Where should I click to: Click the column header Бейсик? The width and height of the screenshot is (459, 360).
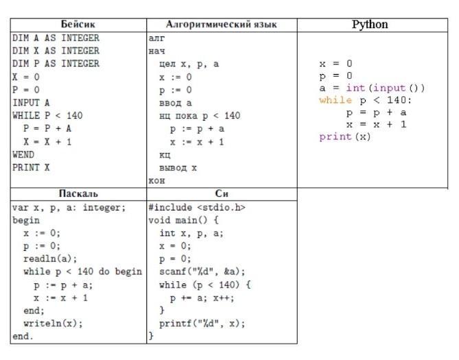click(78, 24)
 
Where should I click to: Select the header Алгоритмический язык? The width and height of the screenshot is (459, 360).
click(222, 24)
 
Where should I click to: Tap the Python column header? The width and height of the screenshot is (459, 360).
click(370, 24)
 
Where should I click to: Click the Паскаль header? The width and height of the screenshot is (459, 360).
click(78, 193)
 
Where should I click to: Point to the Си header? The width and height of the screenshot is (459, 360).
click(222, 193)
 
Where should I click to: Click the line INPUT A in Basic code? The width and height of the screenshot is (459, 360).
click(31, 103)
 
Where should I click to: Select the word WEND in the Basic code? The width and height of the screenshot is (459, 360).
click(23, 154)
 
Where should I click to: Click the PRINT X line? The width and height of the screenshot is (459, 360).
click(31, 167)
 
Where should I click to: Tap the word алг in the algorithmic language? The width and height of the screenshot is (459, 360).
click(156, 38)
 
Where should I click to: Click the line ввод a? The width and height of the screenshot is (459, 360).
click(176, 103)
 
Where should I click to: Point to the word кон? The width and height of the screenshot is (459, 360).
click(156, 180)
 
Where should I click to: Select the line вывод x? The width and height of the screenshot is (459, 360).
click(178, 168)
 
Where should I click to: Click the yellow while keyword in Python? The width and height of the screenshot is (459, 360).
click(336, 100)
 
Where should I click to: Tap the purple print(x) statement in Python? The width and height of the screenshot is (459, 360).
click(345, 136)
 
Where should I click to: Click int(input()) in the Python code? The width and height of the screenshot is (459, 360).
click(385, 88)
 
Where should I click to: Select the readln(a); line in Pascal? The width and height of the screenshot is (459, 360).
click(50, 259)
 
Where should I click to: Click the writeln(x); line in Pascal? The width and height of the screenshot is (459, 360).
click(53, 324)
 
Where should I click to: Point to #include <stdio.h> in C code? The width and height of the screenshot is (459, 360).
click(197, 208)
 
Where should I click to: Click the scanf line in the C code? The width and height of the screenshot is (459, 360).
click(202, 272)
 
